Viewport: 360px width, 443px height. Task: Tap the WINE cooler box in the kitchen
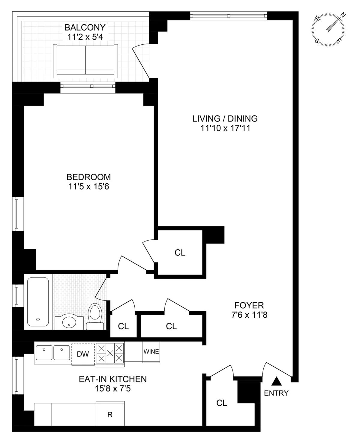(x=151, y=352)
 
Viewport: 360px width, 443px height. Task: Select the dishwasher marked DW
(x=83, y=354)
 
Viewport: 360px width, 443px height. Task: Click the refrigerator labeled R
(x=110, y=415)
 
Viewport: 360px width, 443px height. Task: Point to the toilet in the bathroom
(x=95, y=317)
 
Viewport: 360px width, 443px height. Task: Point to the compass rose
(x=328, y=29)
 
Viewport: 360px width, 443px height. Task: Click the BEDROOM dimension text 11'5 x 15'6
(x=88, y=187)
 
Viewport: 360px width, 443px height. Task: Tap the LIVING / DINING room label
(x=225, y=118)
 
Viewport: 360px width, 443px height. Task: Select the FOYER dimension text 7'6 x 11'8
(x=249, y=315)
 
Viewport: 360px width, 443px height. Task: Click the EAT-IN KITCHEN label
(x=113, y=379)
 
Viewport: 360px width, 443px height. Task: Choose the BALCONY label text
(x=85, y=28)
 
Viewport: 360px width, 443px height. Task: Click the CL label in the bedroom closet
(x=180, y=253)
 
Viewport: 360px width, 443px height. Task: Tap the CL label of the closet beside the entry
(x=222, y=403)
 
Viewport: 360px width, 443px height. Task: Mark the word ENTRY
(x=276, y=393)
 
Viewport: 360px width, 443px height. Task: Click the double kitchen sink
(x=53, y=353)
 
